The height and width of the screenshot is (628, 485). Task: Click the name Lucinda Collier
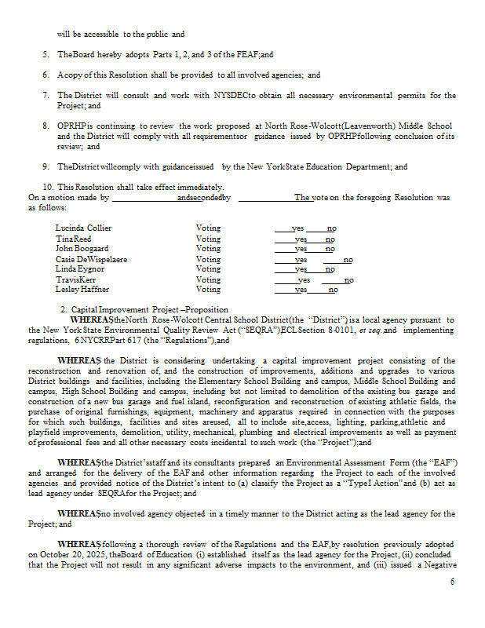(83, 228)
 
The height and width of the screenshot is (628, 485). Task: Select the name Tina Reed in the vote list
(73, 239)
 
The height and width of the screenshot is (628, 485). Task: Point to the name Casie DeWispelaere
(92, 259)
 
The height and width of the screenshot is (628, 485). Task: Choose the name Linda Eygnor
(80, 269)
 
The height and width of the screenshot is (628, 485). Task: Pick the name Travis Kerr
(76, 279)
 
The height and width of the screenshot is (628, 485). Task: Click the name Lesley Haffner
(82, 290)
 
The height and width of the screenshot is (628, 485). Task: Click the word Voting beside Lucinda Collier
(208, 228)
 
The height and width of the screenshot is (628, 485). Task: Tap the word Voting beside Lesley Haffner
(208, 290)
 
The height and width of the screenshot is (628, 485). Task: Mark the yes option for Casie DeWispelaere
(301, 259)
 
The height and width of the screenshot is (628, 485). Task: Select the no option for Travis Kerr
(348, 279)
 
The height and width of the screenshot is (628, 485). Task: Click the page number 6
(452, 582)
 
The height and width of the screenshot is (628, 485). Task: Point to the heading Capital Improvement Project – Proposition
(155, 309)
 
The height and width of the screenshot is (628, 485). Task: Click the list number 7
(46, 96)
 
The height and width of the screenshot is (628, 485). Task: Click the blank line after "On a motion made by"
(144, 198)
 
